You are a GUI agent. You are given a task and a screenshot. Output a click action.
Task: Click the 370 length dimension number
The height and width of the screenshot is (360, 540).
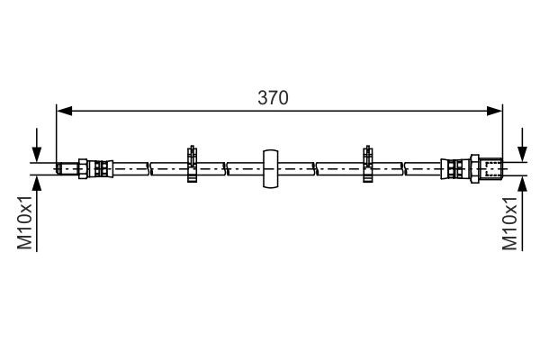(273, 97)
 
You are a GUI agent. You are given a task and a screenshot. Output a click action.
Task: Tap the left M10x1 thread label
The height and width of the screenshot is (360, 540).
(27, 224)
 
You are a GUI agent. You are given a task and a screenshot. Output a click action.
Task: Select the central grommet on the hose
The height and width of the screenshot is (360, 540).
(270, 167)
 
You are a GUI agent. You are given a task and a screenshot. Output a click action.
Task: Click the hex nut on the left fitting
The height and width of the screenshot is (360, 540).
(84, 167)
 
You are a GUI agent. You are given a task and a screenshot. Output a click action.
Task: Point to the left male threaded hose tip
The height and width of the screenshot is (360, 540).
(66, 167)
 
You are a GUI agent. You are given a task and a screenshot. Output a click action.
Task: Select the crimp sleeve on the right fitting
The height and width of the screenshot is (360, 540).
(451, 167)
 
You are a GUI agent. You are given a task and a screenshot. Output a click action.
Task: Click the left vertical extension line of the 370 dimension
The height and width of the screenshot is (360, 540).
(56, 135)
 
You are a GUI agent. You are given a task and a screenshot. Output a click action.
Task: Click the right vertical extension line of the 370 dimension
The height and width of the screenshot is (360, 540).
(502, 135)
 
